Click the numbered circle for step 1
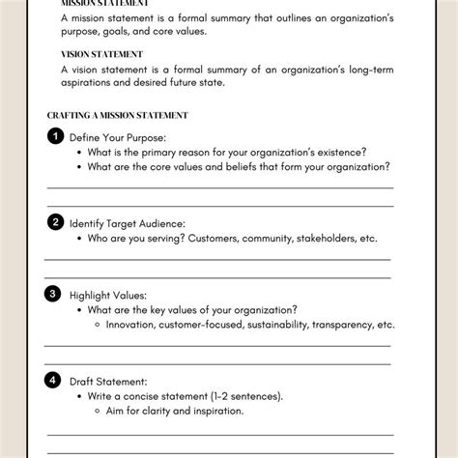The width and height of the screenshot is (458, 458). [55, 135]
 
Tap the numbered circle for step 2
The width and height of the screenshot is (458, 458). [55, 221]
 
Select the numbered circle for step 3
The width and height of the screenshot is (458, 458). [55, 292]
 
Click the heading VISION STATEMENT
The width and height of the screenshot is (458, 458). [101, 54]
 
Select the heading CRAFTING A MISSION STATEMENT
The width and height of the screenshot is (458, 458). [117, 115]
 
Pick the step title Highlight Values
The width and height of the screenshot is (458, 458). [107, 294]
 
